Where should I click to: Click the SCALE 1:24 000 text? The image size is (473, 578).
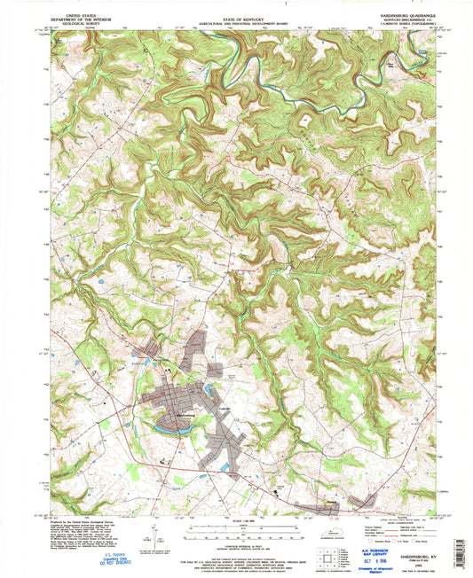tap(235, 519)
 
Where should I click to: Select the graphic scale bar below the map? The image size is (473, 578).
tap(235, 526)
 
